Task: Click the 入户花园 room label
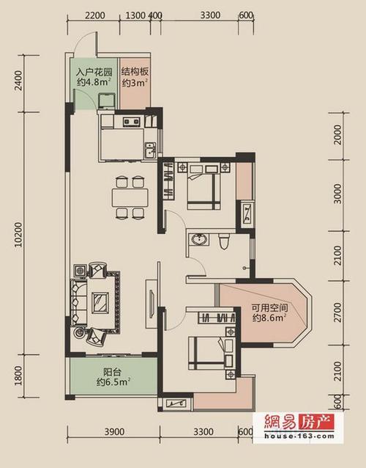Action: [94, 72]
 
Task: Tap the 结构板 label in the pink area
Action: [135, 72]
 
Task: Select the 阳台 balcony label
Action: [112, 372]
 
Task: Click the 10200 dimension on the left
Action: [18, 234]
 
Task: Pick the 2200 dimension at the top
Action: [94, 15]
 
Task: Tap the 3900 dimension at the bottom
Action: [114, 432]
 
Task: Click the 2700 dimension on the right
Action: [337, 312]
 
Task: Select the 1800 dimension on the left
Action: [18, 376]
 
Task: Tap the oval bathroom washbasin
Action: [198, 240]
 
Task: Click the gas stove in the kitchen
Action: [132, 121]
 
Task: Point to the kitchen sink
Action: [150, 150]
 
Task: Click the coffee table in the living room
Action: [100, 303]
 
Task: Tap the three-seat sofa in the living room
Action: [78, 302]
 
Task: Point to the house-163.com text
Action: [299, 436]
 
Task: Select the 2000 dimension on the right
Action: [337, 135]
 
